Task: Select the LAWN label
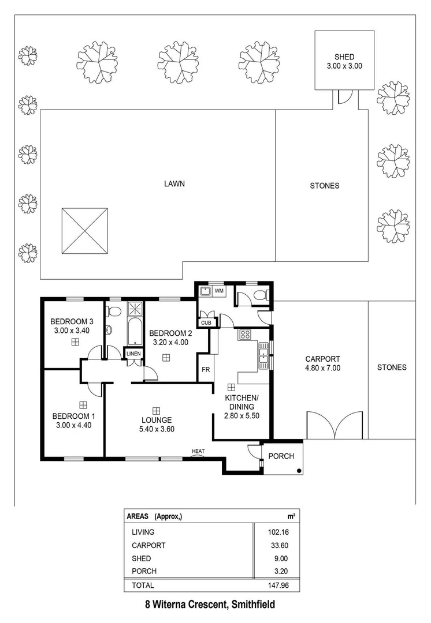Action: click(173, 185)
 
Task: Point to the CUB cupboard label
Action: click(206, 322)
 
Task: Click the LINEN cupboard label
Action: click(133, 354)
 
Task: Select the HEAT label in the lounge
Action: click(198, 451)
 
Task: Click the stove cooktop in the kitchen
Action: click(244, 334)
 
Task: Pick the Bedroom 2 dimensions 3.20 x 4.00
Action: click(170, 342)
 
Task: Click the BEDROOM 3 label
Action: click(72, 321)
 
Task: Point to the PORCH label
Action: click(281, 456)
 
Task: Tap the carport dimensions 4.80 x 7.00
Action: click(322, 367)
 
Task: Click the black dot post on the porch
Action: click(298, 471)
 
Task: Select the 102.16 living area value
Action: click(275, 532)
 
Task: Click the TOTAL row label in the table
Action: click(143, 585)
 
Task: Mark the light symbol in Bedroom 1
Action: click(83, 404)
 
